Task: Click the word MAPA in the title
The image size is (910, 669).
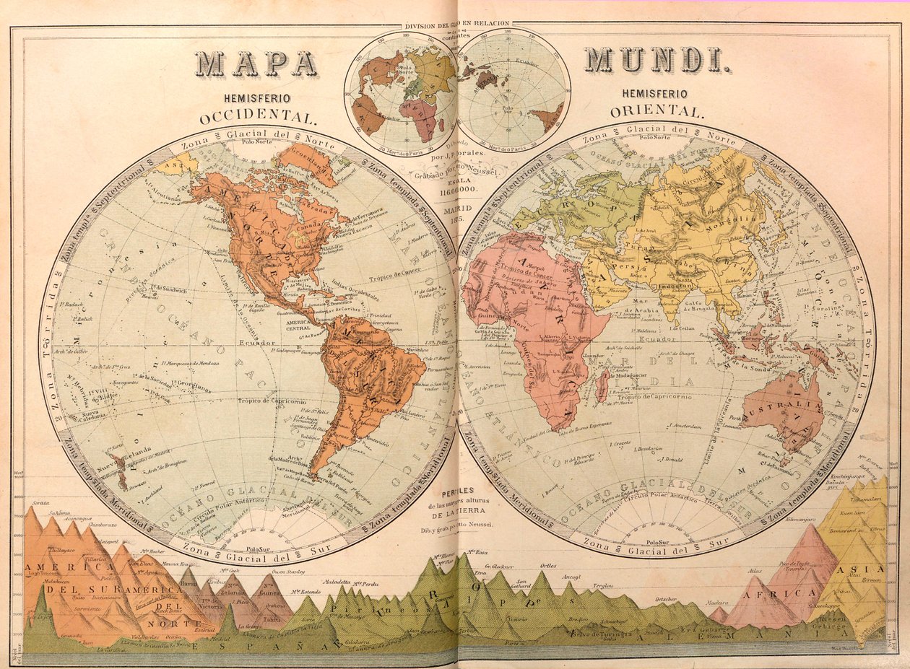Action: (256, 64)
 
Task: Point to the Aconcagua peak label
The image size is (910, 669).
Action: (71, 518)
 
